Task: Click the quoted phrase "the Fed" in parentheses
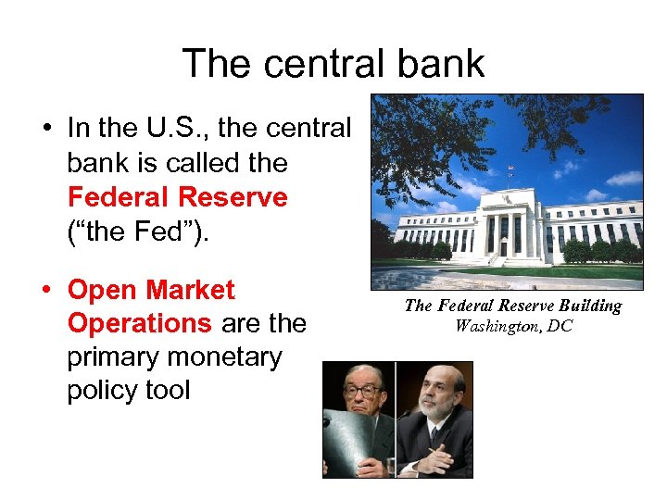138,231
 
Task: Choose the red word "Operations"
140,323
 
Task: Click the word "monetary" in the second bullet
226,356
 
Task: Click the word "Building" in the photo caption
589,306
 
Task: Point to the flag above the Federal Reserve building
510,170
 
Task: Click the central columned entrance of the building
508,231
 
